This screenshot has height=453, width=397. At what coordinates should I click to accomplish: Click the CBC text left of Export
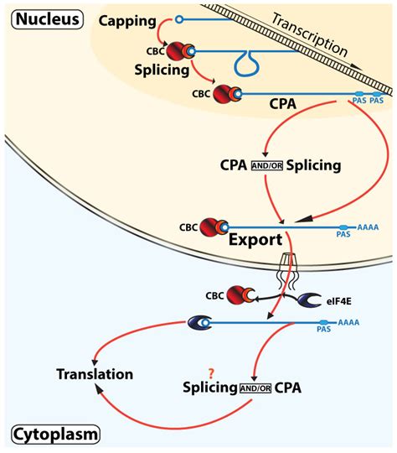click(191, 226)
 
